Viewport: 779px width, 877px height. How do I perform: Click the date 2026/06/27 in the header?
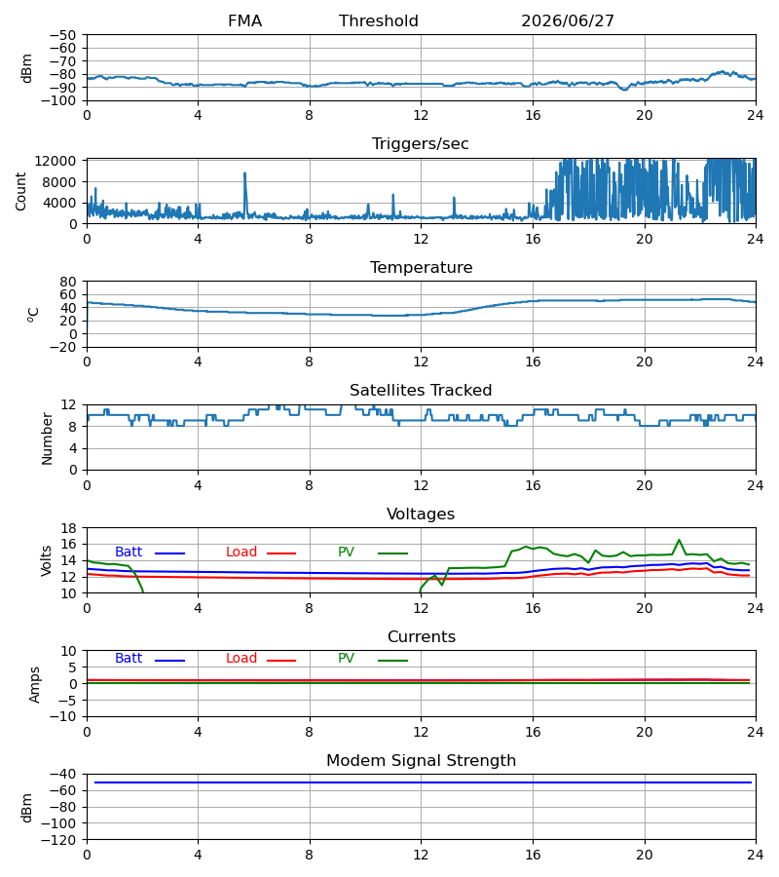[x=567, y=20]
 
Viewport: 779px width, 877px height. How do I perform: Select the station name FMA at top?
[x=244, y=20]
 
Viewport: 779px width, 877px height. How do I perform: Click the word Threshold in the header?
[x=379, y=20]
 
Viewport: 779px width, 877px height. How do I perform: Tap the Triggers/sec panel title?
[x=421, y=144]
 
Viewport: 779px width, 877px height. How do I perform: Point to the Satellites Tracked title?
[x=421, y=391]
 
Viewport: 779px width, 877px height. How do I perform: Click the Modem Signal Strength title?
[x=421, y=761]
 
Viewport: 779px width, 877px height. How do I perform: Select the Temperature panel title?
[x=421, y=267]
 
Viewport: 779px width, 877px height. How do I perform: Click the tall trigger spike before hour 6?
[x=244, y=174]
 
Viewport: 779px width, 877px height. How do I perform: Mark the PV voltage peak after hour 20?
[x=679, y=540]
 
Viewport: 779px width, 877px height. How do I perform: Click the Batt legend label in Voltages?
[x=129, y=553]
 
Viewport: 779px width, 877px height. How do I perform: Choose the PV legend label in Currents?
[x=346, y=659]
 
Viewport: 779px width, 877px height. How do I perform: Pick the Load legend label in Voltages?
[x=241, y=553]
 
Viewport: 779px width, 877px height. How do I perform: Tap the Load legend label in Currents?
[x=241, y=659]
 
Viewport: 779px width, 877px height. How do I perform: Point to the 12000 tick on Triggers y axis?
[x=56, y=161]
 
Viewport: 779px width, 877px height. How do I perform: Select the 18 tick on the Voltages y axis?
[x=69, y=528]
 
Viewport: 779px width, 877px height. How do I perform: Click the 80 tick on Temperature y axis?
[x=69, y=282]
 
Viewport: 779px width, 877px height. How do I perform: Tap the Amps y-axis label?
[x=35, y=684]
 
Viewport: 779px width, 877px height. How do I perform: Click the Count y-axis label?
[x=20, y=191]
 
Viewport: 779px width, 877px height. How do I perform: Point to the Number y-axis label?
[x=47, y=438]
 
